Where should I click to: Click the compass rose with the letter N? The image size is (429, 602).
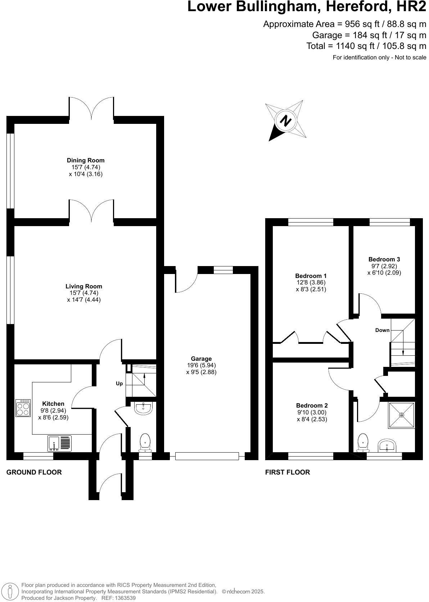click(x=286, y=120)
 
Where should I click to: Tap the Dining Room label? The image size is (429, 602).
click(x=86, y=160)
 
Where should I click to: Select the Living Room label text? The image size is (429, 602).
click(x=84, y=286)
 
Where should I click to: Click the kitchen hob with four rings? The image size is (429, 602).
click(x=23, y=408)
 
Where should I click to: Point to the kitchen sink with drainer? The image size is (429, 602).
click(x=60, y=443)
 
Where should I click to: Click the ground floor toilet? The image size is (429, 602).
click(x=145, y=442)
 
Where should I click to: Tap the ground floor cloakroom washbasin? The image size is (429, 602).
click(x=144, y=408)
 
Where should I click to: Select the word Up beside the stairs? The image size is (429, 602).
click(x=119, y=383)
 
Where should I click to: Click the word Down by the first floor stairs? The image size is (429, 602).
click(x=382, y=330)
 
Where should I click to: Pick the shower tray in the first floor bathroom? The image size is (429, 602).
click(x=401, y=415)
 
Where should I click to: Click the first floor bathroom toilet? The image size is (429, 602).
click(x=363, y=442)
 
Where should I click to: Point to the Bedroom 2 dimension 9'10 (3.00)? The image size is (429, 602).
click(x=312, y=412)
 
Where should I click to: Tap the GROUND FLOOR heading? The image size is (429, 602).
click(x=34, y=472)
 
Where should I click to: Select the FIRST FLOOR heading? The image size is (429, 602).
click(x=287, y=472)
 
